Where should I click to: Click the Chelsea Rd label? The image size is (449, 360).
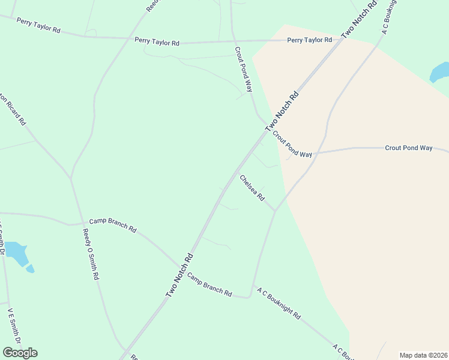[252, 188]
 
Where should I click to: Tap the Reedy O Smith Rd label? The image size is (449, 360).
[91, 255]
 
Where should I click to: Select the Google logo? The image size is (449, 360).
[20, 353]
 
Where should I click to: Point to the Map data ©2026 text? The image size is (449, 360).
[424, 355]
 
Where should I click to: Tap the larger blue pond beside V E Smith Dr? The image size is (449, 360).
[16, 252]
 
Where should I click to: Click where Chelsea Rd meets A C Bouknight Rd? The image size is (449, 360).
[276, 211]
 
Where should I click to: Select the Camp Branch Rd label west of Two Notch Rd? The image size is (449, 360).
[113, 225]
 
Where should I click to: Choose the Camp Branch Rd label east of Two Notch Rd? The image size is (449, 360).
[209, 284]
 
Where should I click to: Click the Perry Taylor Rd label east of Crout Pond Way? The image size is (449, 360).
[310, 40]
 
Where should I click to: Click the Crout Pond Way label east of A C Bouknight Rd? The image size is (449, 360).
[409, 148]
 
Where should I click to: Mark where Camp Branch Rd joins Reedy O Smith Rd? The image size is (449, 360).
[81, 223]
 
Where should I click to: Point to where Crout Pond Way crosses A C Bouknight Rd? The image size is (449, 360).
[316, 153]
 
